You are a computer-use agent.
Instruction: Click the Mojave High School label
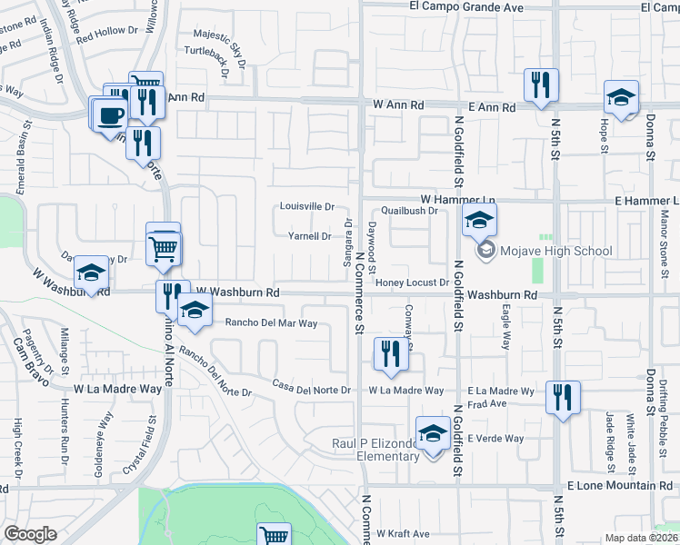pos(554,251)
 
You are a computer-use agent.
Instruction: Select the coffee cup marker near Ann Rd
pos(110,115)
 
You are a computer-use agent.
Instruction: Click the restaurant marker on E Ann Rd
pos(541,85)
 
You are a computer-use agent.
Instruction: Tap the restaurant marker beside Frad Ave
pos(563,397)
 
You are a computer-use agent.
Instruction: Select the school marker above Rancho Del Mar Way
pos(193,310)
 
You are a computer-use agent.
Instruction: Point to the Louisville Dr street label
pos(307,206)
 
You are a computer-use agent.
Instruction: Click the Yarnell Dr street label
pos(309,236)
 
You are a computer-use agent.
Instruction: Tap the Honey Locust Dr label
pos(414,282)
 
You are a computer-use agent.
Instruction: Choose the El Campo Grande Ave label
pos(466,7)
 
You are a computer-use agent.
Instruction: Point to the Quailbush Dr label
pos(409,211)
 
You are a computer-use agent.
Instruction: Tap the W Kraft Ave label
pos(403,533)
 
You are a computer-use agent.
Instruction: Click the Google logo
pos(30,534)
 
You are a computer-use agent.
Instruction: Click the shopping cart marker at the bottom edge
pos(274,535)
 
